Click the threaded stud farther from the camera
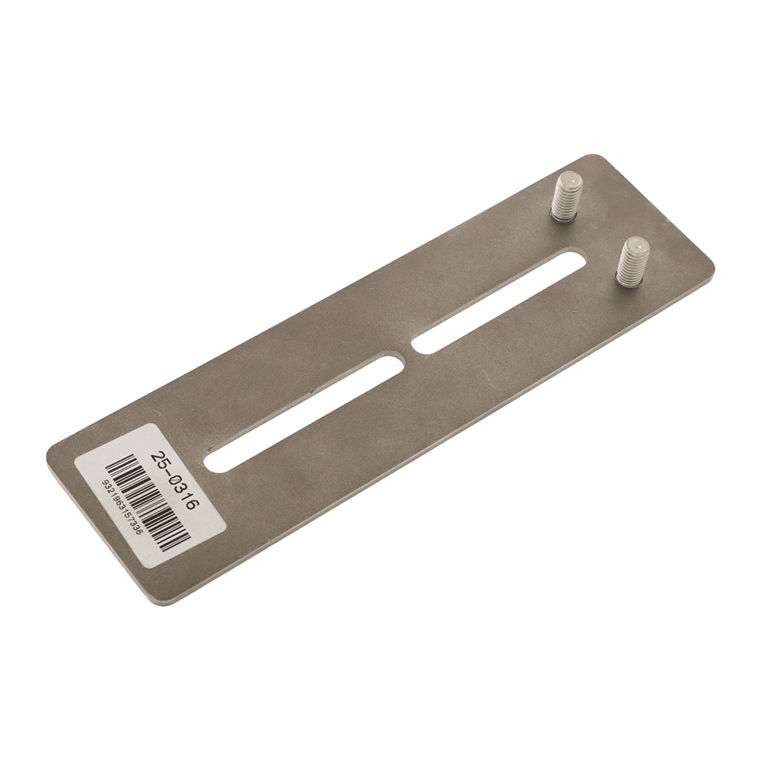click(566, 196)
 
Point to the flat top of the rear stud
click(568, 181)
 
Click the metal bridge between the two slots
click(406, 355)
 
